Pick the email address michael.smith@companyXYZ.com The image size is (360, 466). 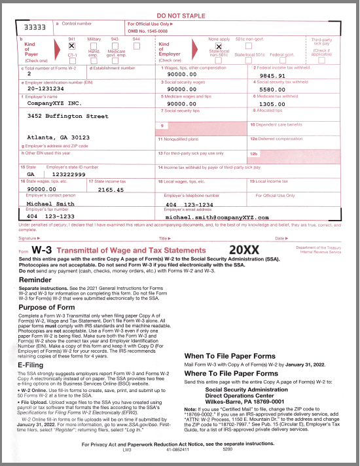click(217, 217)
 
